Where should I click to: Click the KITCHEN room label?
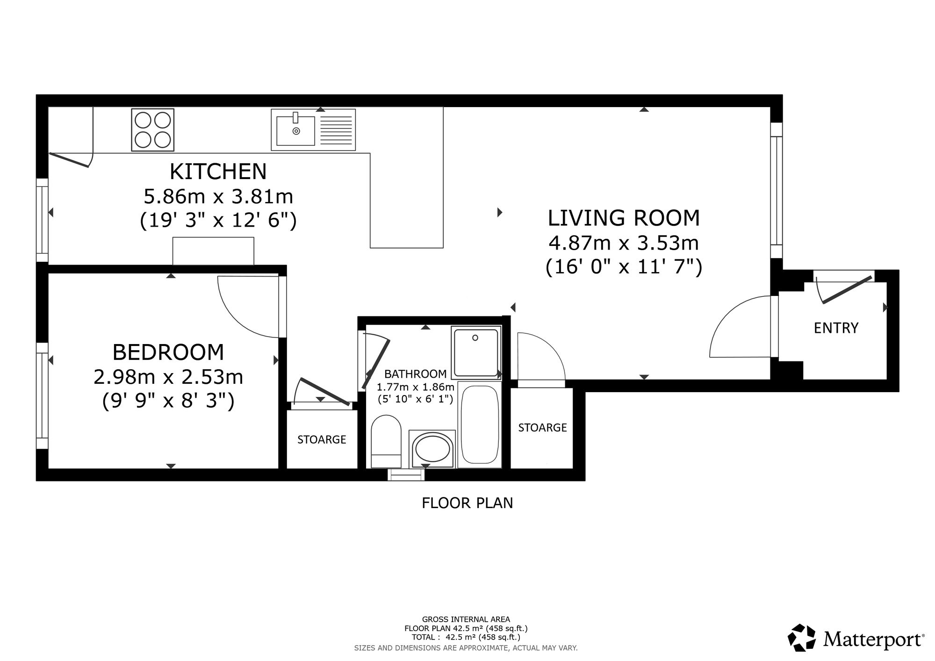(218, 172)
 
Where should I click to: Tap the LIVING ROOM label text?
(624, 218)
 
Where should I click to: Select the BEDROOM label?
(168, 352)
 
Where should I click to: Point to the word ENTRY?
(836, 328)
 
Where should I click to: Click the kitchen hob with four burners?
(153, 130)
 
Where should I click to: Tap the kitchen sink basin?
(296, 130)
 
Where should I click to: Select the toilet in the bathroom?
(386, 441)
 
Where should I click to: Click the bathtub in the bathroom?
(480, 424)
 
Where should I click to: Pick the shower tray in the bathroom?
(476, 352)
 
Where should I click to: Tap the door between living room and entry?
(740, 327)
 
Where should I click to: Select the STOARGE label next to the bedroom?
(322, 439)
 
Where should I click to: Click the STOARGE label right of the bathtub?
(543, 428)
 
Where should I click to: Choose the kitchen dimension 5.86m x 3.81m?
(218, 196)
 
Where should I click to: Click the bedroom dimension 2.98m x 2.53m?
(168, 377)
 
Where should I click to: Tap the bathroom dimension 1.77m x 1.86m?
(416, 387)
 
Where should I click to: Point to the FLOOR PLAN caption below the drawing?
(467, 503)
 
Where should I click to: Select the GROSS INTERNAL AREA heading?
(466, 620)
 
